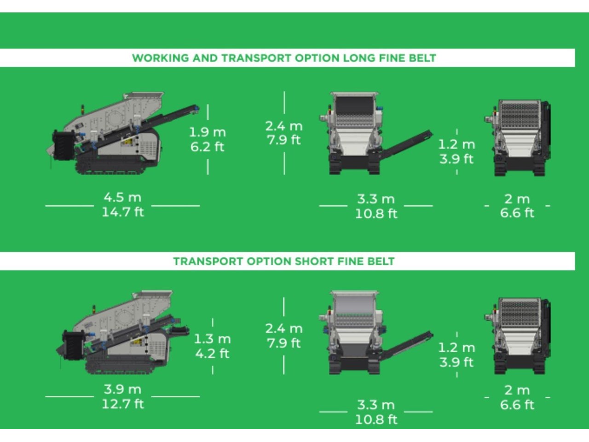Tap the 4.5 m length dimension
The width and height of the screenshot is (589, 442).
click(x=122, y=198)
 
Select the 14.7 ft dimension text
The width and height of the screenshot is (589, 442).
click(x=123, y=212)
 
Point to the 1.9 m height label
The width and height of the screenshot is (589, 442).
click(x=208, y=132)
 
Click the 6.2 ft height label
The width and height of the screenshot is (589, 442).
click(x=207, y=147)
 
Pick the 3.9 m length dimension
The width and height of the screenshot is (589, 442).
click(x=122, y=389)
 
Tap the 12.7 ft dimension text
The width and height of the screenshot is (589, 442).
click(x=123, y=404)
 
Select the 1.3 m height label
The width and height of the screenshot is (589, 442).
click(x=212, y=339)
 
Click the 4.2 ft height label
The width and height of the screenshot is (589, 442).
click(x=212, y=354)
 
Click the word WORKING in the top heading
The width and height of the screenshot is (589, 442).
click(x=161, y=58)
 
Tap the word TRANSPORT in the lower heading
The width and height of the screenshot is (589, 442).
click(x=208, y=261)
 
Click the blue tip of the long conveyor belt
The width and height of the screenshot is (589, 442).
click(x=196, y=108)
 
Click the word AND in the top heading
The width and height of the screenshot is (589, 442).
click(x=205, y=58)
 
